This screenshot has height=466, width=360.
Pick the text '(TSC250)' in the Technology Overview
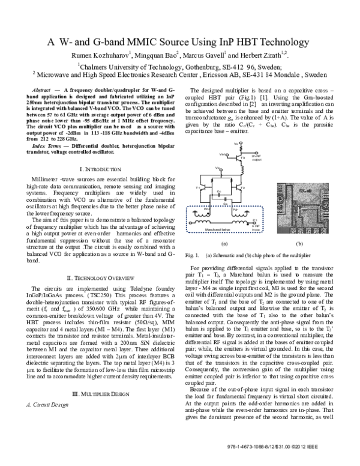[x=91, y=296]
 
